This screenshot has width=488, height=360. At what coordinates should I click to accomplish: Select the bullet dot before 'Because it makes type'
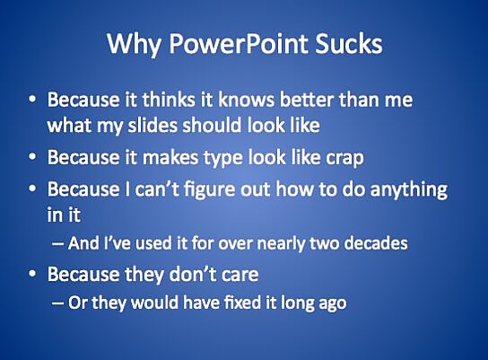point(32,157)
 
